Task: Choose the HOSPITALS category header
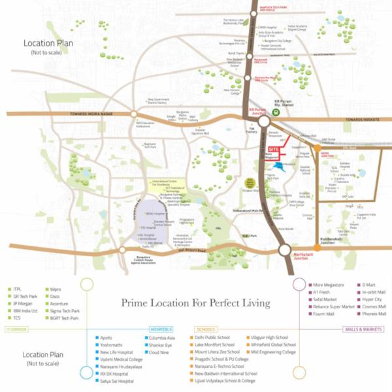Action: point(161,329)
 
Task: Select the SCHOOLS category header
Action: point(206,329)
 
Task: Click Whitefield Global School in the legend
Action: point(273,345)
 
